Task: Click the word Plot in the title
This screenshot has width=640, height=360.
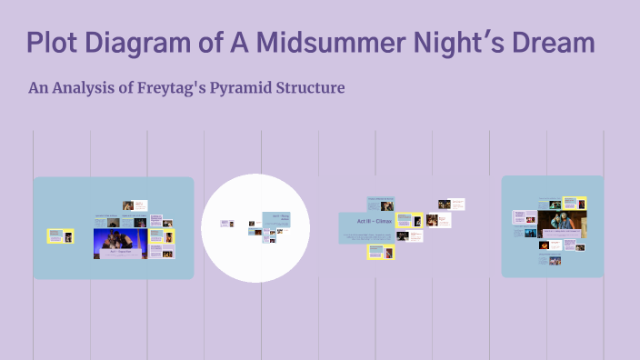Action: pyautogui.click(x=55, y=43)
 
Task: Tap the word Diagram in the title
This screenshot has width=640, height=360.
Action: pyautogui.click(x=145, y=43)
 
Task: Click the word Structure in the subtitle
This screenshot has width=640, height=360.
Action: pyautogui.click(x=315, y=88)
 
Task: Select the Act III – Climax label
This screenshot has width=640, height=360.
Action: pyautogui.click(x=367, y=222)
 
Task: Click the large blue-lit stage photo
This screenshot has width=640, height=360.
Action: pyautogui.click(x=120, y=243)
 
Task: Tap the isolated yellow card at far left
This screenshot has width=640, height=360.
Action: pyautogui.click(x=61, y=236)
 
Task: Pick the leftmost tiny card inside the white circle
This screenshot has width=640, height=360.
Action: pyautogui.click(x=226, y=223)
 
